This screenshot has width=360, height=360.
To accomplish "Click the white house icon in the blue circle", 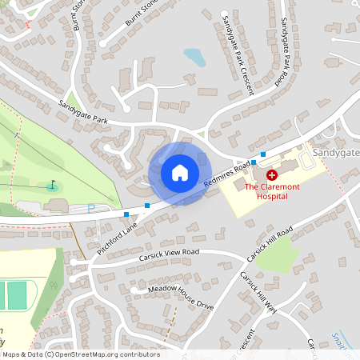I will tap(179, 173).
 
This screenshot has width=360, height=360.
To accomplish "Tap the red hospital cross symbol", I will tap(271, 174).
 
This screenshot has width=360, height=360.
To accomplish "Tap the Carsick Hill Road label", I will tap(270, 244).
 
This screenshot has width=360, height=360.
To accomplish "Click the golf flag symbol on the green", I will tap(54, 185).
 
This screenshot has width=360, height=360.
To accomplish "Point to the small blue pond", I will tap(194, 57).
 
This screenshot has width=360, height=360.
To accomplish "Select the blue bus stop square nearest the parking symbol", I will tap(126, 214).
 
